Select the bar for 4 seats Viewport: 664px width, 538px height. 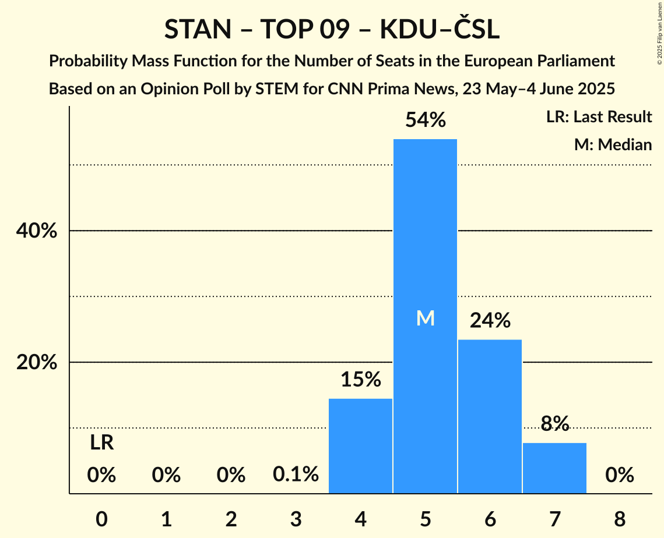point(360,446)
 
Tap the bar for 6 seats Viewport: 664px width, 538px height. point(490,416)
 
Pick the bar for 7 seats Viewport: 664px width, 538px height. point(554,468)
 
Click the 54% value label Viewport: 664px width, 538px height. point(425,121)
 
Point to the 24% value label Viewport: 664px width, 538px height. point(490,320)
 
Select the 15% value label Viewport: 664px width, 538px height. point(360,380)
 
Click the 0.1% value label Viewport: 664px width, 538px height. point(296,475)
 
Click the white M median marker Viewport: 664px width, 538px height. point(425,318)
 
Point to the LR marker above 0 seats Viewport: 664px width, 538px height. point(101,443)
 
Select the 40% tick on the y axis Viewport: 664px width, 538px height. point(36,231)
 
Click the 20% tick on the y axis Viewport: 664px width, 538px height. point(36,363)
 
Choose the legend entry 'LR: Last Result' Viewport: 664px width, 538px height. point(599,117)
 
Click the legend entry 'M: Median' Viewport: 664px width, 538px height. point(613,144)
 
